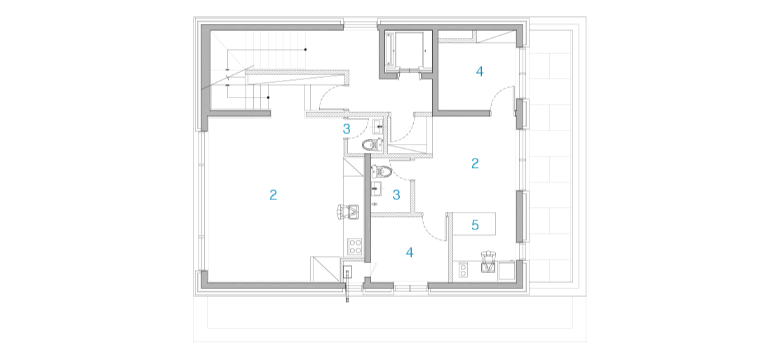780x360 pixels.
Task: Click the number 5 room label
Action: tap(475, 225)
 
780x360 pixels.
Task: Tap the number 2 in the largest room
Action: tap(274, 195)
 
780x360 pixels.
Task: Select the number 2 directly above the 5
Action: tap(475, 164)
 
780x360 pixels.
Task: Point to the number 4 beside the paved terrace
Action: tap(480, 71)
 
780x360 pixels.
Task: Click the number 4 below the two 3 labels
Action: tap(410, 253)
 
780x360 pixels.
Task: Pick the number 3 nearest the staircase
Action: tap(346, 129)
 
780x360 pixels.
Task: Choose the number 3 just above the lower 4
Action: tap(396, 195)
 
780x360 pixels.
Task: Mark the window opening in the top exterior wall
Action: tap(361, 24)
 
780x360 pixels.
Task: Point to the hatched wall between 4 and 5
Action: tap(450, 246)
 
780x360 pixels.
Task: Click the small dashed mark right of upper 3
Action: tap(372, 127)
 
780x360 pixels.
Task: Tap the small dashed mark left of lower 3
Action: tap(377, 189)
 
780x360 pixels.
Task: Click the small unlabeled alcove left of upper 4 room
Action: tap(408, 53)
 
